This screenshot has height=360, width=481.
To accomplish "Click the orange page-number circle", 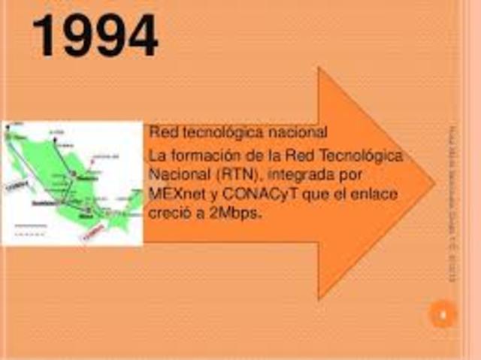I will point(443,314).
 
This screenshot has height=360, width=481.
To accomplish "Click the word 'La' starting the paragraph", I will point(157,156).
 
